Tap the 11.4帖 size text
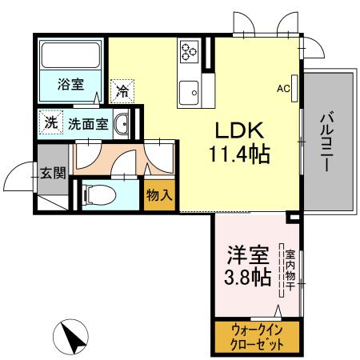(240, 153)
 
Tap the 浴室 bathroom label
(70, 84)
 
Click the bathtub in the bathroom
(70, 57)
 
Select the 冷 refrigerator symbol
(122, 91)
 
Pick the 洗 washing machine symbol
(50, 124)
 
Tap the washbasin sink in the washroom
(122, 125)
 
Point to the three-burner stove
(190, 52)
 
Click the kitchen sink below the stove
(190, 90)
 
